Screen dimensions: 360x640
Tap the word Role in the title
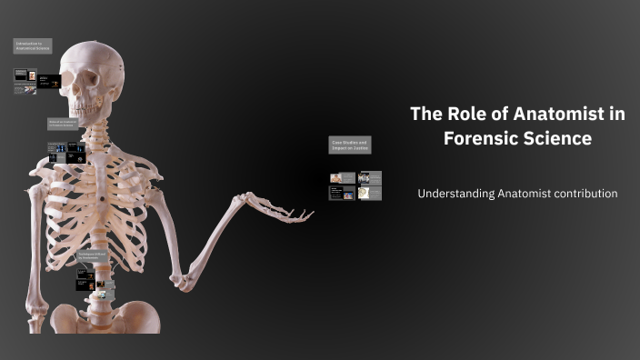click(463, 115)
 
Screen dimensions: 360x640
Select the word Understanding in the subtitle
click(455, 194)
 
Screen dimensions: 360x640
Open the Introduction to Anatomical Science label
click(32, 45)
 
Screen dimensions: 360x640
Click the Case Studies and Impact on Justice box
click(349, 145)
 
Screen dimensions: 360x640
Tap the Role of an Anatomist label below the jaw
click(64, 125)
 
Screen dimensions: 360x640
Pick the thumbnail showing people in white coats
click(370, 177)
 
